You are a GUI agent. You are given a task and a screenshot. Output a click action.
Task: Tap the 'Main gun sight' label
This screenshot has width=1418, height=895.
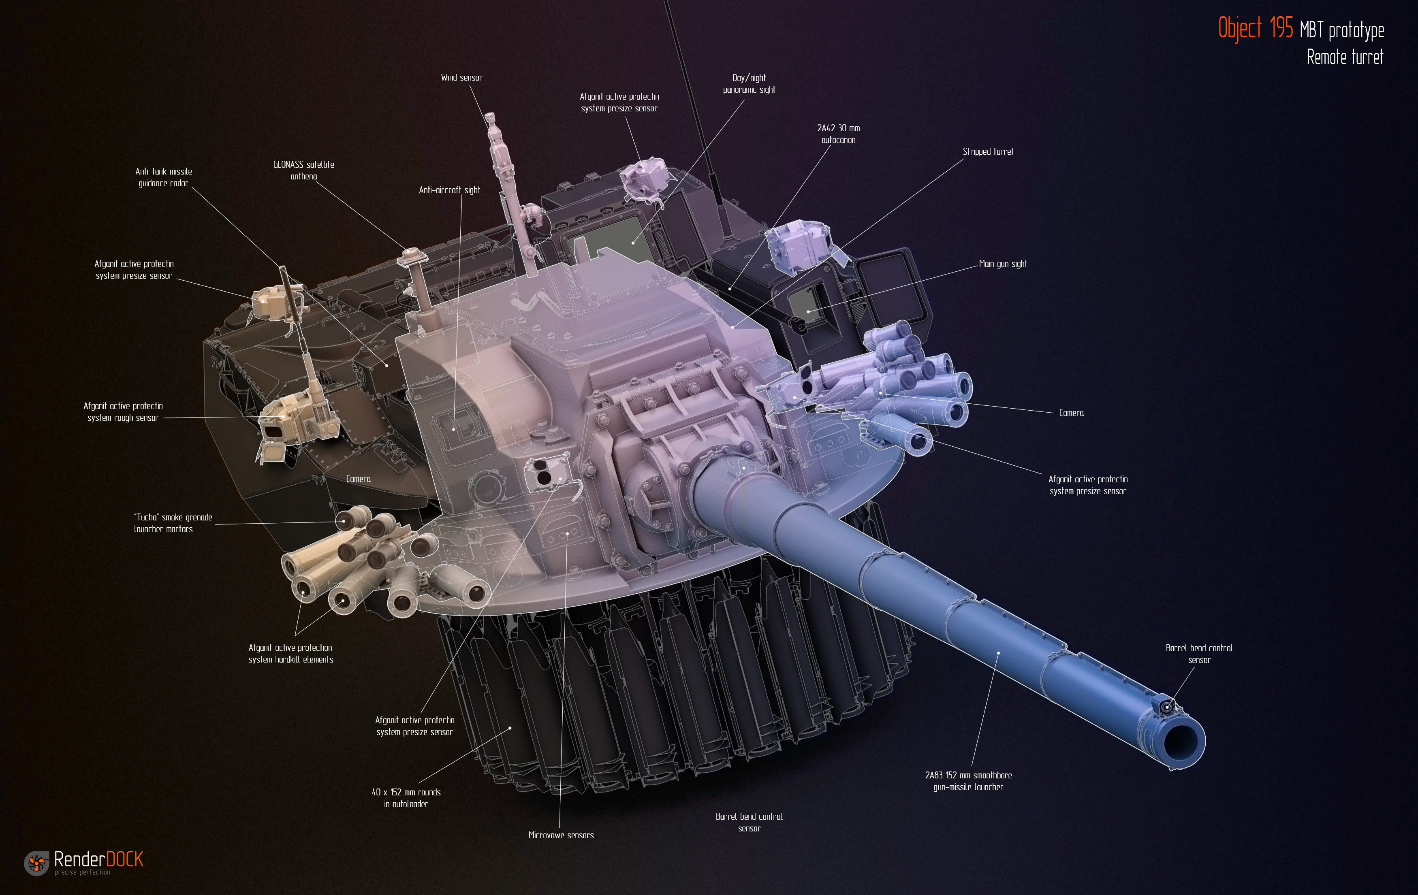click(1002, 264)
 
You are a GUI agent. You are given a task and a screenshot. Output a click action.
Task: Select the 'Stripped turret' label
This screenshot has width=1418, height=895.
click(988, 151)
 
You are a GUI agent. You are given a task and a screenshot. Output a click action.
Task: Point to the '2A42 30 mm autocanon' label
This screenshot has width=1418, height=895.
click(839, 134)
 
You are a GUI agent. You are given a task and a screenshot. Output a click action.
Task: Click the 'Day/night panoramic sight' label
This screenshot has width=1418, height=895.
click(749, 83)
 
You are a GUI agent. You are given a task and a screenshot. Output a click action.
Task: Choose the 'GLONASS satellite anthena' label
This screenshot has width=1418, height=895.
click(303, 170)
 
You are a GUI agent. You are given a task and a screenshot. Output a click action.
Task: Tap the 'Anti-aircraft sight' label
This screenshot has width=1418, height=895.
click(449, 190)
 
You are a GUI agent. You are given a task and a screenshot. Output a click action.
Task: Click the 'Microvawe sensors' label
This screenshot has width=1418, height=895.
click(561, 835)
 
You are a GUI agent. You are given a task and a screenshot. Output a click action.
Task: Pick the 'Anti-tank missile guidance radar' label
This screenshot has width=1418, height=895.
click(164, 177)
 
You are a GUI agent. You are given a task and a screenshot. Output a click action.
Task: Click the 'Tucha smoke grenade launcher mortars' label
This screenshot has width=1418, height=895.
click(173, 523)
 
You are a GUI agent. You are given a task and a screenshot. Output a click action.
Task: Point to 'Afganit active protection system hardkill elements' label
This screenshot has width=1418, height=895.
click(290, 654)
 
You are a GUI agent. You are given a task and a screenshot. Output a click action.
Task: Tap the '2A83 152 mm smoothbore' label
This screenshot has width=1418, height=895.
click(968, 775)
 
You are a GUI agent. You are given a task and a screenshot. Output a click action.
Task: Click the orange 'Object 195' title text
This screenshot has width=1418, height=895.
click(1256, 28)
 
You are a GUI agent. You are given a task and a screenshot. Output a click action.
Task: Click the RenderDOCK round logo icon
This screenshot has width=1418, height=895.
click(36, 863)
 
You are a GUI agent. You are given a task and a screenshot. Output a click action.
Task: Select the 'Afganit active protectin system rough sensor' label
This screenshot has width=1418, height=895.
click(123, 411)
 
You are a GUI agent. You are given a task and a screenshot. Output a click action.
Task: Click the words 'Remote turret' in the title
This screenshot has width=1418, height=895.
click(1345, 57)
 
